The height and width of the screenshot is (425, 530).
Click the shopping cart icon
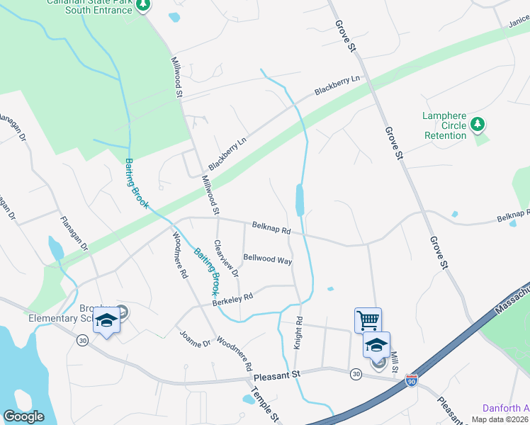coord(368,319)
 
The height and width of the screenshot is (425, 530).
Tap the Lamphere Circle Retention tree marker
coord(478,125)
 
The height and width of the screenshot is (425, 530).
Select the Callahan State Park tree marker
coord(144,5)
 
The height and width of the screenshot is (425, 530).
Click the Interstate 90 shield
coord(412,382)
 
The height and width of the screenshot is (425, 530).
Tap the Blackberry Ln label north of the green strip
coord(338,85)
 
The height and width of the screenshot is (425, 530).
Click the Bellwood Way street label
coord(268,259)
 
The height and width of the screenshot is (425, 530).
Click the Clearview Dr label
coord(228,256)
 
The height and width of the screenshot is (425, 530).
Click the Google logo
coord(23,416)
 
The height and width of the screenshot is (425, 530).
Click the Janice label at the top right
coord(518,23)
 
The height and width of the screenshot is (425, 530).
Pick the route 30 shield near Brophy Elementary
coord(83,341)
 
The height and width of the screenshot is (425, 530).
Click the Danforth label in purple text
coord(505,408)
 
